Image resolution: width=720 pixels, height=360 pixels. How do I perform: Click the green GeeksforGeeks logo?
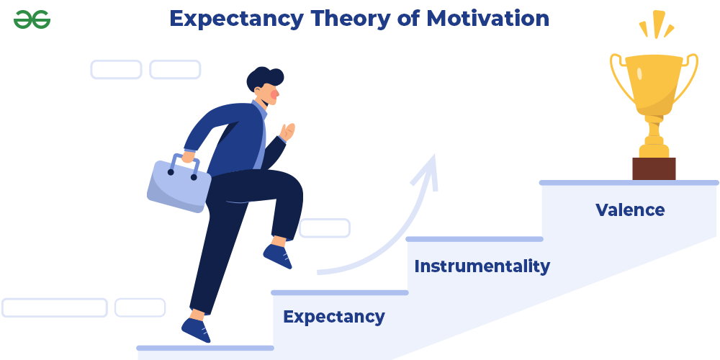click(x=32, y=19)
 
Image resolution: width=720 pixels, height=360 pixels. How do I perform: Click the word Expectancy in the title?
click(x=236, y=19)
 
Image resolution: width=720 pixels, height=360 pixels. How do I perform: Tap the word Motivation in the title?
click(x=487, y=19)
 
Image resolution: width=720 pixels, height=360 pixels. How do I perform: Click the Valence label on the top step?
click(x=630, y=210)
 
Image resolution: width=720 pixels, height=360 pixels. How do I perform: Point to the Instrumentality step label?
click(x=482, y=266)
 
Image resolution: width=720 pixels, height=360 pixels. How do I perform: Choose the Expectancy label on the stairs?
click(x=334, y=318)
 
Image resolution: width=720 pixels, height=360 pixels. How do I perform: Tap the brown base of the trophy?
click(x=654, y=169)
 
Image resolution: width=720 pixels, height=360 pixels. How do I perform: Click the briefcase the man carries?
click(x=179, y=184)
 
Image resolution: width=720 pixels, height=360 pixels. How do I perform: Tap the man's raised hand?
click(x=287, y=132)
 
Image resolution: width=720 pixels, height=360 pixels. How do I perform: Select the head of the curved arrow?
click(x=427, y=172)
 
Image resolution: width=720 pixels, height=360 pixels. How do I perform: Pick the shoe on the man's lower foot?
click(x=197, y=330)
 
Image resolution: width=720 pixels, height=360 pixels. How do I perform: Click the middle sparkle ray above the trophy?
click(x=659, y=24)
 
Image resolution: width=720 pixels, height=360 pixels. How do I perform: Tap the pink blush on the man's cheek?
click(x=274, y=94)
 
